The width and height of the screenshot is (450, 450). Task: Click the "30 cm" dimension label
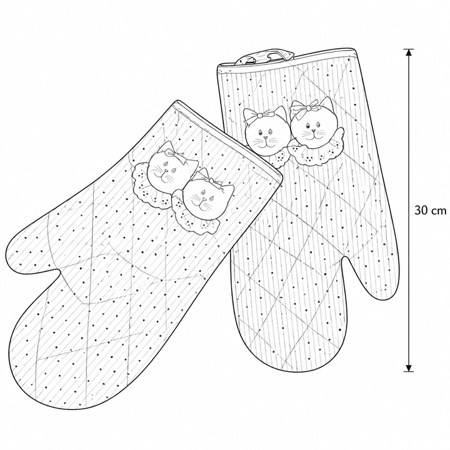tap(430, 211)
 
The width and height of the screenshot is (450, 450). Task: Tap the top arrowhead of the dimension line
tap(409, 52)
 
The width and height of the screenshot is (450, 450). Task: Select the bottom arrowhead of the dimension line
tap(409, 367)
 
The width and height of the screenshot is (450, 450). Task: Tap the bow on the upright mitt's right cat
tap(304, 109)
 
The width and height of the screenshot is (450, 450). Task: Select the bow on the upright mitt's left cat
tap(258, 116)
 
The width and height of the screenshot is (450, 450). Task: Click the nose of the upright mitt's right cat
tap(313, 131)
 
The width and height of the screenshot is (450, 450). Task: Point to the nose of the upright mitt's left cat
tap(266, 137)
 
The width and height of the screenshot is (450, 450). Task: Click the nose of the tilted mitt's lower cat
tap(204, 199)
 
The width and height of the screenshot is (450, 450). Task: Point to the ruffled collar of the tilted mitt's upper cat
tap(146, 186)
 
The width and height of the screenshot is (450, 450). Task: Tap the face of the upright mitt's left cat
tap(266, 135)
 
